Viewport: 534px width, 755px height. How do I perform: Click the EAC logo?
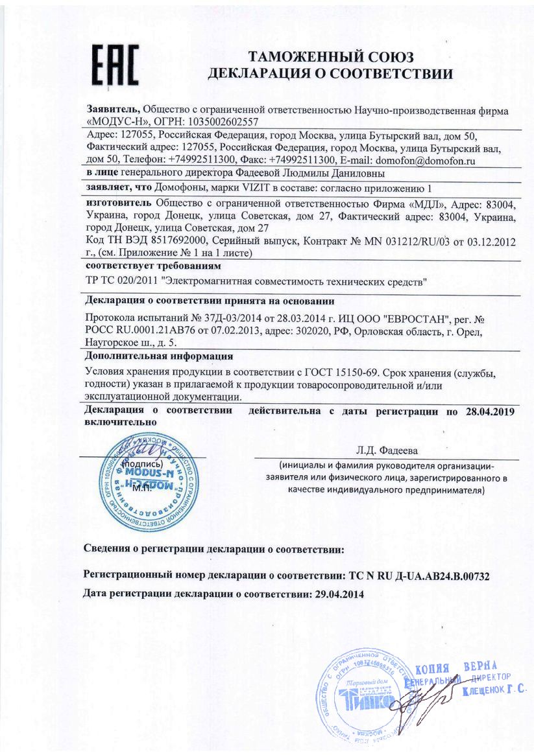coord(114,65)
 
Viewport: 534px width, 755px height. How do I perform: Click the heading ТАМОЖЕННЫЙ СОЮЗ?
coord(330,58)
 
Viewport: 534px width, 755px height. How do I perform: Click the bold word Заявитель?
coord(112,110)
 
